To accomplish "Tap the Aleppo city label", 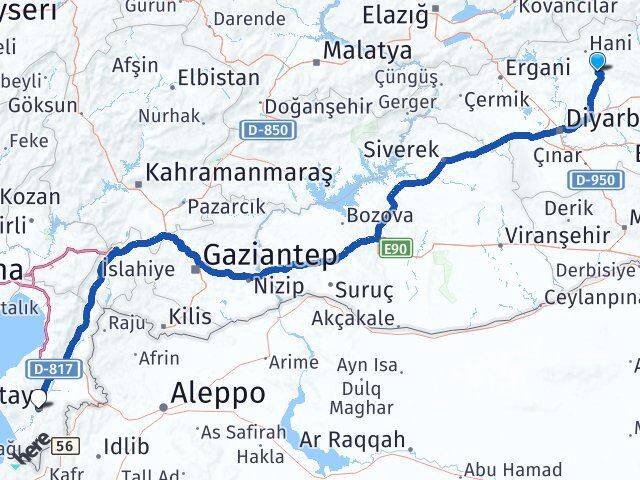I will click(219, 393).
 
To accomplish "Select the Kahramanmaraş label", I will click(239, 173).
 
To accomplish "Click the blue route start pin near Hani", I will click(598, 63).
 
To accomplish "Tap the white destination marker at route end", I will click(38, 398).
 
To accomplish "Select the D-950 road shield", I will click(592, 180).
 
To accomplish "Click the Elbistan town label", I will click(217, 77).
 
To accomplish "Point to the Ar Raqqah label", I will click(357, 439).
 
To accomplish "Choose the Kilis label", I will click(191, 316).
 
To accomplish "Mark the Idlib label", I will click(125, 446).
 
